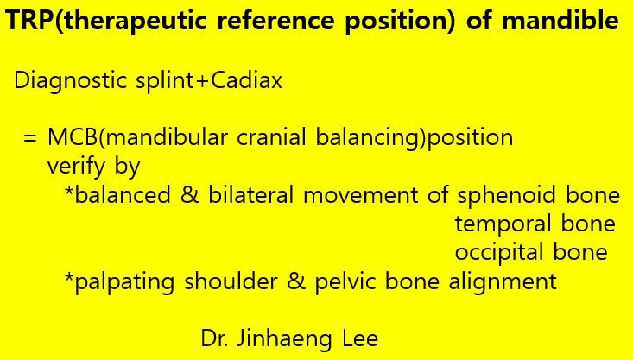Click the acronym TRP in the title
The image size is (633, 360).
pyautogui.click(x=27, y=20)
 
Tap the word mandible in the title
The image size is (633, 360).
pyautogui.click(x=560, y=20)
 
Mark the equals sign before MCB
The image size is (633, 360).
pyautogui.click(x=30, y=138)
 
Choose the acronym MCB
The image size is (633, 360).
pyautogui.click(x=72, y=137)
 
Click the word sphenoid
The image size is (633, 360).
pyautogui.click(x=507, y=196)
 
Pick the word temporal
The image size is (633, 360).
pyautogui.click(x=503, y=224)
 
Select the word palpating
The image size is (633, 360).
pyautogui.click(x=124, y=281)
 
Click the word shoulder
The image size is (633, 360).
pyautogui.click(x=231, y=281)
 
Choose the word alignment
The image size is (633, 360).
pyautogui.click(x=503, y=281)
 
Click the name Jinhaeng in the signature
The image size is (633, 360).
pyautogui.click(x=284, y=339)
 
